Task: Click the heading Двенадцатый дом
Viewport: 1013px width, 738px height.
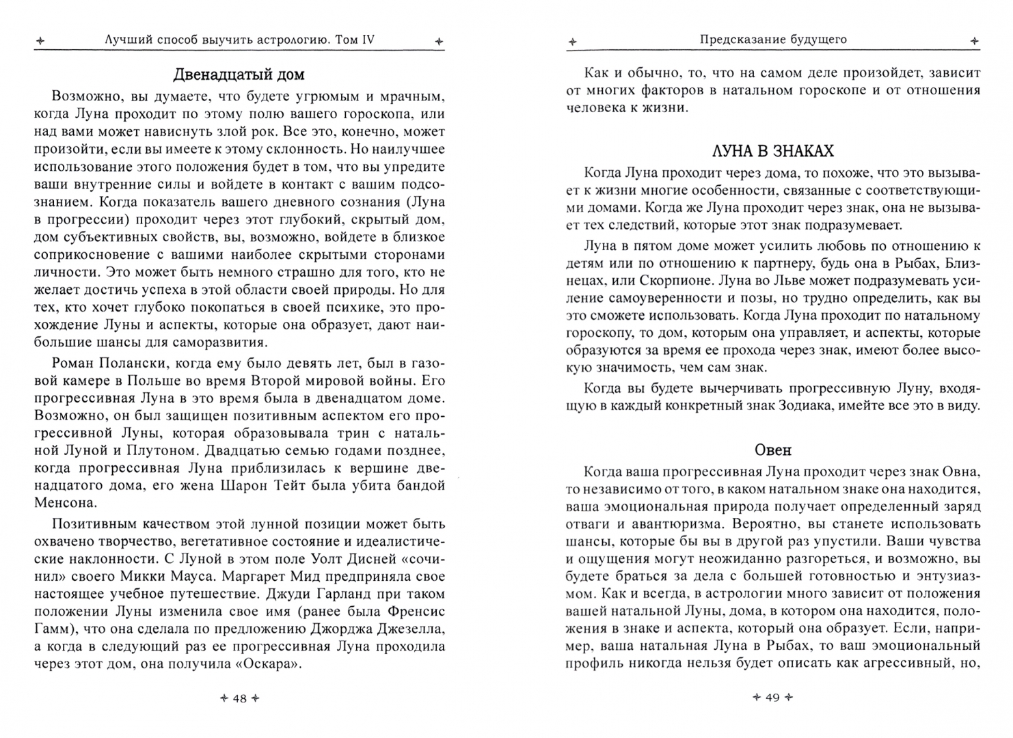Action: pyautogui.click(x=239, y=74)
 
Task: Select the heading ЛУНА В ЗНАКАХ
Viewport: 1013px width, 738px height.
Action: pyautogui.click(x=772, y=151)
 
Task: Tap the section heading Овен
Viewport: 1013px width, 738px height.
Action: pyautogui.click(x=773, y=450)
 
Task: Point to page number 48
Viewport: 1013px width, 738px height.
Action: pyautogui.click(x=239, y=698)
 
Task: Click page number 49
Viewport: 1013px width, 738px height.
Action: pyautogui.click(x=772, y=698)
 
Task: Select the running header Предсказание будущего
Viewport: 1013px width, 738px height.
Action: pyautogui.click(x=772, y=40)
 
